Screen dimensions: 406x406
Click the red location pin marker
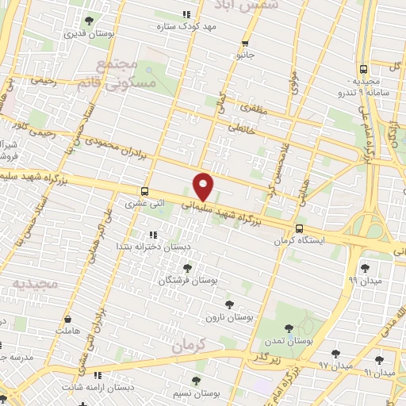(x=204, y=186)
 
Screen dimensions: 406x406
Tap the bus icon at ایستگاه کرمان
(x=297, y=229)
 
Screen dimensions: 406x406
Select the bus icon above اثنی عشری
(x=144, y=191)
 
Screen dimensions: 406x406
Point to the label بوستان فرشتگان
(x=187, y=281)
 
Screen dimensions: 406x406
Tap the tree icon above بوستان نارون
(x=229, y=304)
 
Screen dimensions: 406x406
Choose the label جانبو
(x=244, y=56)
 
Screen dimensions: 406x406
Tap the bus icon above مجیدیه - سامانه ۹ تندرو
(x=362, y=69)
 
